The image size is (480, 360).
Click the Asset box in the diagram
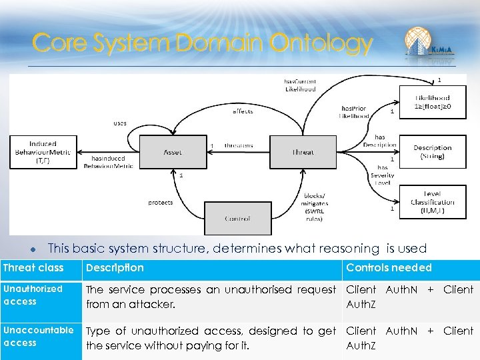(x=172, y=152)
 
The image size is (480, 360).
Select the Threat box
(x=302, y=152)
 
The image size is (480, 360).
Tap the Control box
(x=237, y=218)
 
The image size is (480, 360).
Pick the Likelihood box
(x=431, y=102)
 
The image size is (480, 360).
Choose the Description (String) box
(x=431, y=152)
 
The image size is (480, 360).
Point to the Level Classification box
(x=431, y=202)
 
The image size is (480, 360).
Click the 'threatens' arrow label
(x=238, y=145)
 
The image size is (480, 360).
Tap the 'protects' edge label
(x=160, y=202)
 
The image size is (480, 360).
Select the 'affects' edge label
(x=243, y=111)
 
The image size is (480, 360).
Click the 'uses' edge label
(x=119, y=123)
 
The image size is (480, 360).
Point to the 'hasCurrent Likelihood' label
(x=300, y=85)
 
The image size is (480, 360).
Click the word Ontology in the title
(x=321, y=44)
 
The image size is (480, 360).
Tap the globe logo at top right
(x=419, y=41)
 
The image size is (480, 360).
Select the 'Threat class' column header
(x=33, y=268)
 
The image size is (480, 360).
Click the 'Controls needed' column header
(x=389, y=268)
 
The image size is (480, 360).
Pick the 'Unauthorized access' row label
(x=33, y=295)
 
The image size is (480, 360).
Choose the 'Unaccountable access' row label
(x=38, y=337)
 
